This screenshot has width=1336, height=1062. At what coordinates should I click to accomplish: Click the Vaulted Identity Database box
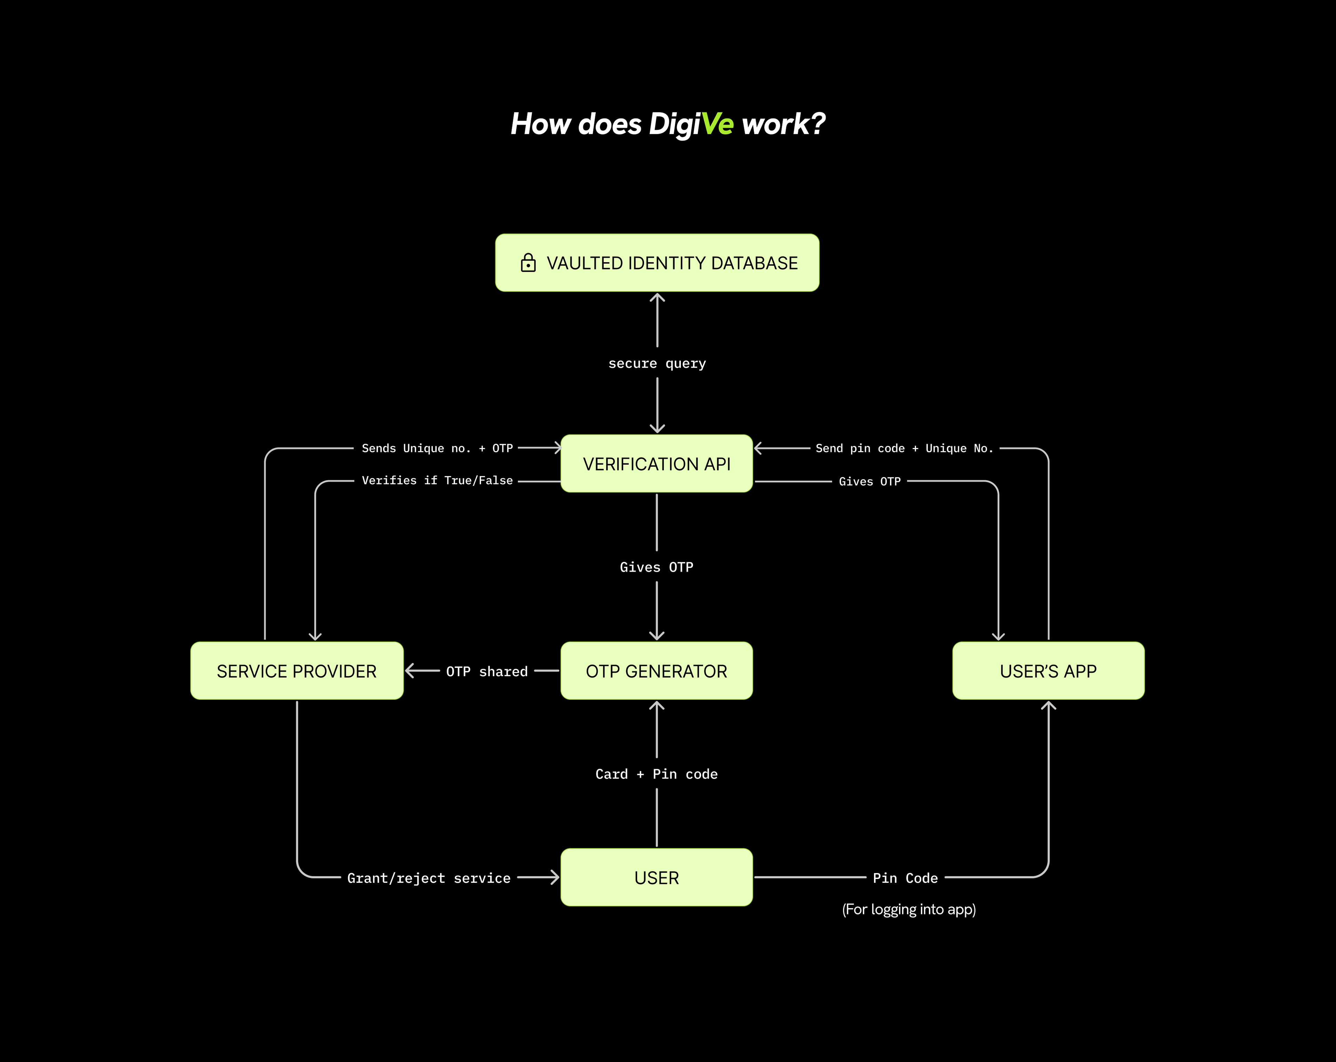pos(657,263)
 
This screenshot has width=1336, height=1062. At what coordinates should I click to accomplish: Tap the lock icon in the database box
pos(528,263)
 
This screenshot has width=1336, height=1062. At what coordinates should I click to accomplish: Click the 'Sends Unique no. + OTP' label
pos(437,448)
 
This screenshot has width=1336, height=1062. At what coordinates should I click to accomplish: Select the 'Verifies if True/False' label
pos(437,480)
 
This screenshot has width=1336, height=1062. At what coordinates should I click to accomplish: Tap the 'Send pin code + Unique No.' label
pos(904,448)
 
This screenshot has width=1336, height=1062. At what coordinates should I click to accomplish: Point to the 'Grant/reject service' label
pos(429,878)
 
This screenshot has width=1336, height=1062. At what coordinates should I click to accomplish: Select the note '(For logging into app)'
pos(908,909)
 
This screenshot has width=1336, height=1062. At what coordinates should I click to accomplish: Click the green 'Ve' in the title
pos(717,124)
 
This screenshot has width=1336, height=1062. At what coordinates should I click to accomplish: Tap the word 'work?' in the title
pos(783,124)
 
